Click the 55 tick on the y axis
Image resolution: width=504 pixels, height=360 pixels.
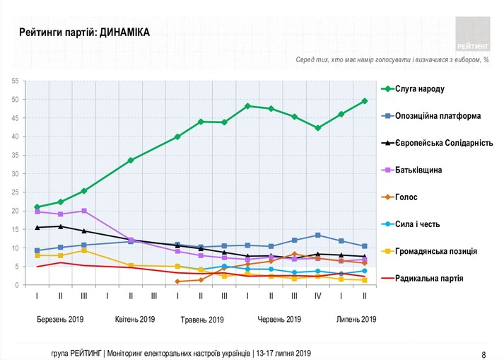pyautogui.click(x=15, y=81)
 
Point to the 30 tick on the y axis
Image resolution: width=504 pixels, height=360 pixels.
pyautogui.click(x=15, y=174)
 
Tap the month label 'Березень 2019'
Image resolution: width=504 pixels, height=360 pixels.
pyautogui.click(x=60, y=320)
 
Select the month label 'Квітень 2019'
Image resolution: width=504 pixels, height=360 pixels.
pyautogui.click(x=135, y=320)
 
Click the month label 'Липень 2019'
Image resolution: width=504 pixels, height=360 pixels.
pyautogui.click(x=356, y=320)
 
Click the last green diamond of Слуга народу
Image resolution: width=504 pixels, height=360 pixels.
pyautogui.click(x=365, y=101)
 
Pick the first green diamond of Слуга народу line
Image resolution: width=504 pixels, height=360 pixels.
pyautogui.click(x=37, y=207)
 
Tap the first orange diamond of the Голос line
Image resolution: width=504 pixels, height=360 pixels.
pyautogui.click(x=177, y=281)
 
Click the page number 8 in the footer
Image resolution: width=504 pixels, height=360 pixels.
pyautogui.click(x=484, y=354)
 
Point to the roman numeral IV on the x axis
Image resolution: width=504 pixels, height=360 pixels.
pyautogui.click(x=317, y=296)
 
